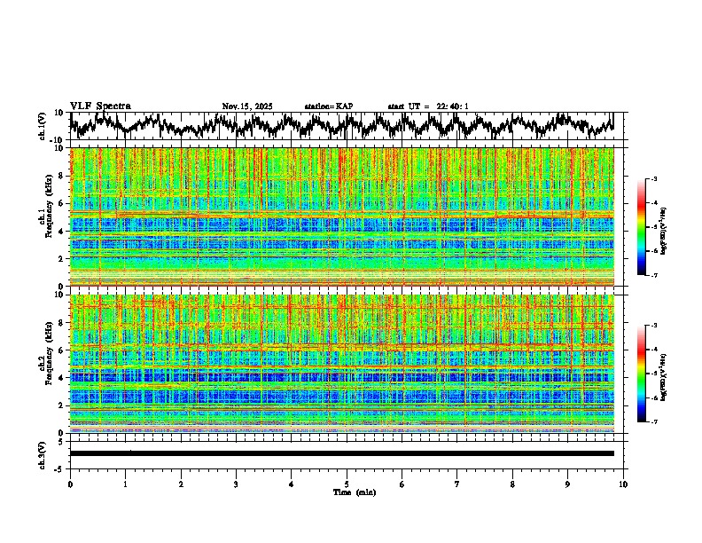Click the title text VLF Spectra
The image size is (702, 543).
[x=100, y=106]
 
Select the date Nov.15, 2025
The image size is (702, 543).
[x=247, y=106]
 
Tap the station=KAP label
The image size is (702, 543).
[x=328, y=106]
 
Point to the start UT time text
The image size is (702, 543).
[x=428, y=106]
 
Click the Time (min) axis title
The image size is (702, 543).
[x=347, y=492]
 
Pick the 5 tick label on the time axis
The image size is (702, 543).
[x=347, y=484]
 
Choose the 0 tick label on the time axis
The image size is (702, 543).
[x=70, y=484]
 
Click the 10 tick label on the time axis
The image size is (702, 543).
[x=623, y=484]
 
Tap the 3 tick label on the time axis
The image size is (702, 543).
[x=236, y=484]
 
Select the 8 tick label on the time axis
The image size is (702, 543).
[x=512, y=484]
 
